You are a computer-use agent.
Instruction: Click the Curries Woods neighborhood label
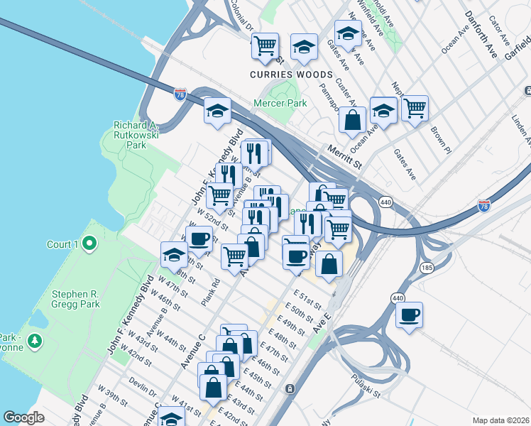point(291,75)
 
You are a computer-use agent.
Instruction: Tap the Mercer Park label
point(280,103)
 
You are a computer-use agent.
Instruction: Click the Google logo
point(23,417)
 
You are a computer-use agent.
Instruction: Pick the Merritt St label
point(345,156)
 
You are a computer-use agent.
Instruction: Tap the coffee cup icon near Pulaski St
point(409,315)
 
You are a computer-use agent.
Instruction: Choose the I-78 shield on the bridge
point(180,94)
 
